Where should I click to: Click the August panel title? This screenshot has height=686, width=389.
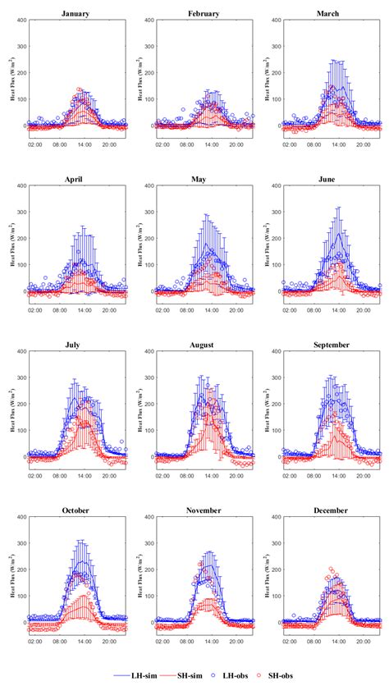[199, 345]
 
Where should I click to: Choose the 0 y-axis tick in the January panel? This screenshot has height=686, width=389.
[23, 126]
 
